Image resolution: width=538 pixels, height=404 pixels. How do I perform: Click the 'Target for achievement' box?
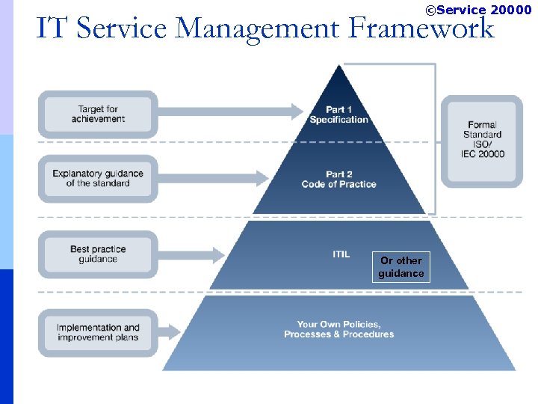click(x=98, y=114)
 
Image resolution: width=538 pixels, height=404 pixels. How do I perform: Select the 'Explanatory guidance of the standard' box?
click(x=98, y=178)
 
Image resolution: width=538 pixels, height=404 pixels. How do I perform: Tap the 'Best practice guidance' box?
click(x=98, y=254)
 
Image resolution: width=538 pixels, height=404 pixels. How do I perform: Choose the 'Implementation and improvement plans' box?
click(x=98, y=332)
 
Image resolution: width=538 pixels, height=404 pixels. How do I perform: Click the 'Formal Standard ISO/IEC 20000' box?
click(x=482, y=140)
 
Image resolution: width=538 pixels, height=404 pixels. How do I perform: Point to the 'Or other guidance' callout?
click(x=401, y=267)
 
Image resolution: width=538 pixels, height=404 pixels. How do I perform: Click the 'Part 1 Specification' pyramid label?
click(x=339, y=114)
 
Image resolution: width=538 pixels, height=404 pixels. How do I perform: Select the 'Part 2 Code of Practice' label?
click(x=339, y=179)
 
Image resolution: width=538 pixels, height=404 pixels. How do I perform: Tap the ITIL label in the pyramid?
click(x=341, y=254)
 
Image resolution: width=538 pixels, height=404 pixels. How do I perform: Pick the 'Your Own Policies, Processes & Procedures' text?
click(x=338, y=329)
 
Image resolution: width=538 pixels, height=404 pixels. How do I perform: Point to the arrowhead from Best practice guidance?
click(x=217, y=254)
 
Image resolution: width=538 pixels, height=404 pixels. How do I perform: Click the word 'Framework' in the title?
click(x=422, y=28)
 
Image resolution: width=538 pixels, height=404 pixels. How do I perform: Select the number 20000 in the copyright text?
click(x=511, y=10)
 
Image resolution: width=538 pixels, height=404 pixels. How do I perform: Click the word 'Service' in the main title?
click(x=123, y=28)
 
